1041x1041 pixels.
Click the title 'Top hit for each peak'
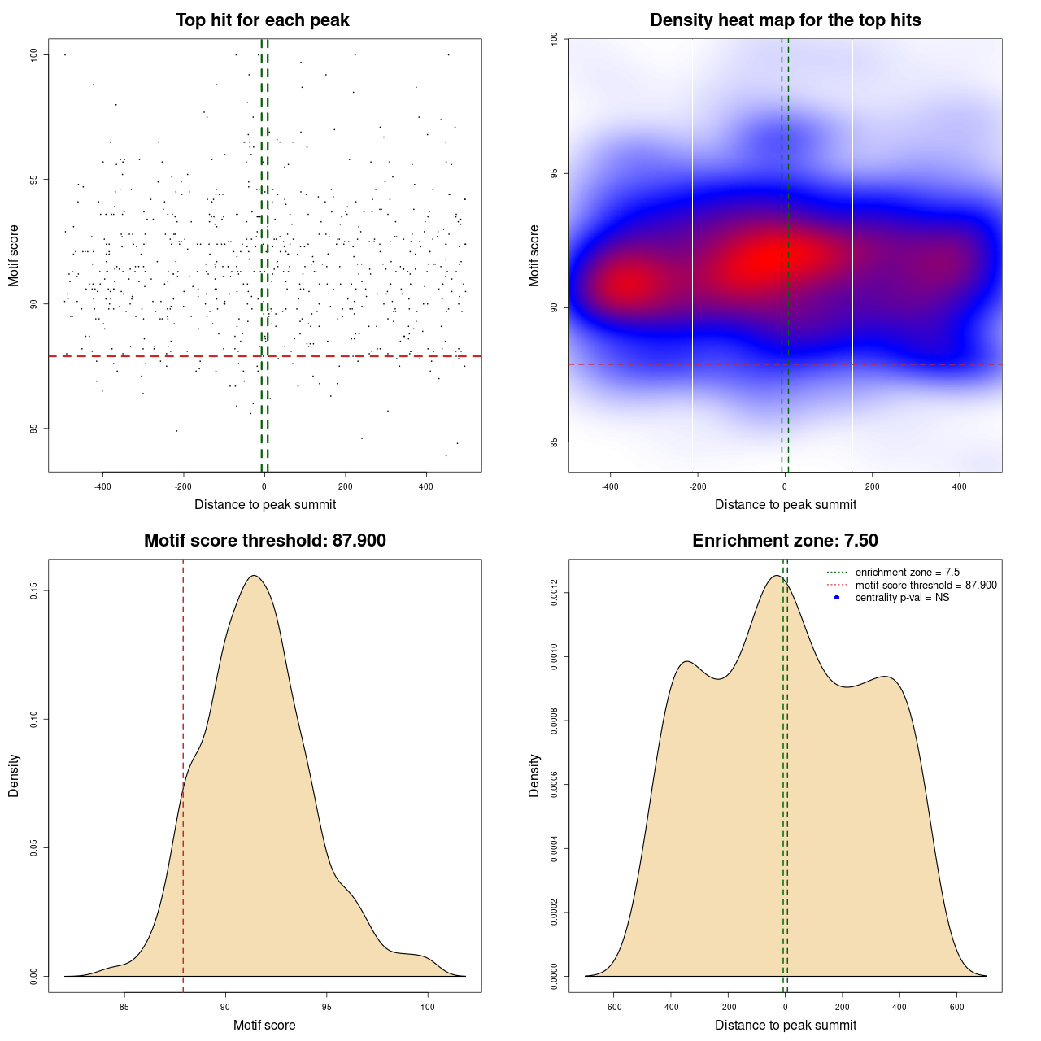pyautogui.click(x=263, y=20)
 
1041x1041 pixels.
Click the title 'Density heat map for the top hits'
pyautogui.click(x=785, y=20)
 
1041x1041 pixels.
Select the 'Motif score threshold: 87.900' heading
pyautogui.click(x=264, y=541)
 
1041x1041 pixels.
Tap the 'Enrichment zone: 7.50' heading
pyautogui.click(x=785, y=541)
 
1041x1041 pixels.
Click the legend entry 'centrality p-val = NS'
pyautogui.click(x=902, y=598)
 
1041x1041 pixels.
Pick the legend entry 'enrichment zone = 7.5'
pyautogui.click(x=907, y=573)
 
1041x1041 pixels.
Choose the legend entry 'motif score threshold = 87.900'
pyautogui.click(x=926, y=586)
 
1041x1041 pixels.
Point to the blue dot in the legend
pyautogui.click(x=837, y=598)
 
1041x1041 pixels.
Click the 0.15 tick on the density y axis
pyautogui.click(x=34, y=590)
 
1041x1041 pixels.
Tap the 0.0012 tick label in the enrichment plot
pyautogui.click(x=555, y=594)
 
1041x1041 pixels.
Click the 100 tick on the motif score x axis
pyautogui.click(x=428, y=1007)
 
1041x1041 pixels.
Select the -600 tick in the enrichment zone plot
pyautogui.click(x=613, y=1007)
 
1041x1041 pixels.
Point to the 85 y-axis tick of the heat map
pyautogui.click(x=555, y=442)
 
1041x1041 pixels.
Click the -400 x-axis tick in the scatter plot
pyautogui.click(x=102, y=486)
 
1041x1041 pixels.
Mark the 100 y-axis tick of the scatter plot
pyautogui.click(x=34, y=54)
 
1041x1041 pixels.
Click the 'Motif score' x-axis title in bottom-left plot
pyautogui.click(x=264, y=1026)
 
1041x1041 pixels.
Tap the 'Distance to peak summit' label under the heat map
pyautogui.click(x=785, y=505)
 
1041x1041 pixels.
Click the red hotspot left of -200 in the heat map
pyautogui.click(x=627, y=285)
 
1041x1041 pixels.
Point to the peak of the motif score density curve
pyautogui.click(x=255, y=576)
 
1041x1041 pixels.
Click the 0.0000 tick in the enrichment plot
pyautogui.click(x=555, y=976)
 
